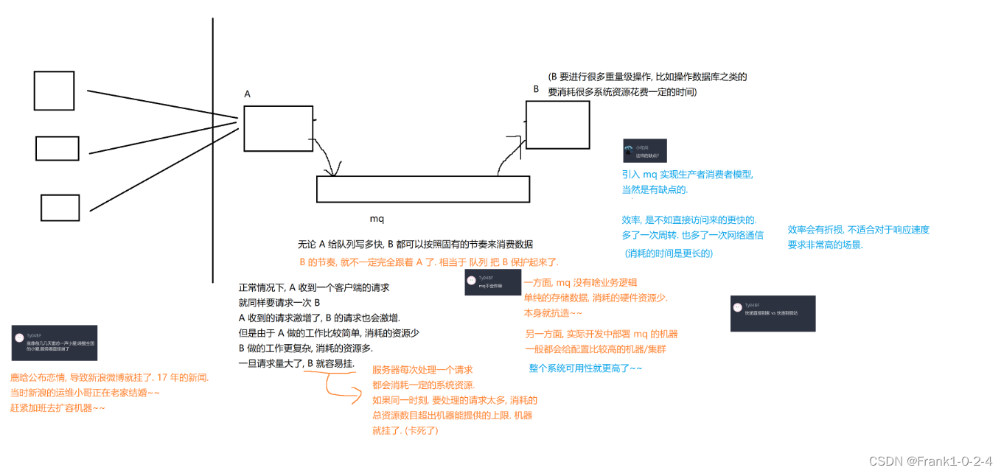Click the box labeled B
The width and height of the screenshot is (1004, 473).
557,125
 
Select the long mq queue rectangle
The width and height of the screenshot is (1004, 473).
422,189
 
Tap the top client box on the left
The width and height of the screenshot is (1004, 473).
54,91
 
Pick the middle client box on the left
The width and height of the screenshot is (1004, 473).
57,149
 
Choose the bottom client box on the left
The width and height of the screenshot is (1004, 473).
60,208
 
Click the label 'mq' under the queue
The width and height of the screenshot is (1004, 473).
377,219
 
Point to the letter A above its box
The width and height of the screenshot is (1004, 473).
248,94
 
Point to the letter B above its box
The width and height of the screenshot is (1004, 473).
536,89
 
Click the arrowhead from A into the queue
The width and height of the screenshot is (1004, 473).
335,172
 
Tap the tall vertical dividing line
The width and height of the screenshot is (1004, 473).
213,147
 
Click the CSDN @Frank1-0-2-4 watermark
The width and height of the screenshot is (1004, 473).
930,461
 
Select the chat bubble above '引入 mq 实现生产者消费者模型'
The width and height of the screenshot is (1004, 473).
644,150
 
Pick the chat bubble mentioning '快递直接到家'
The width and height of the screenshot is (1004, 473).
773,313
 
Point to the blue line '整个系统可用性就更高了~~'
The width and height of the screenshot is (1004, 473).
585,368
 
